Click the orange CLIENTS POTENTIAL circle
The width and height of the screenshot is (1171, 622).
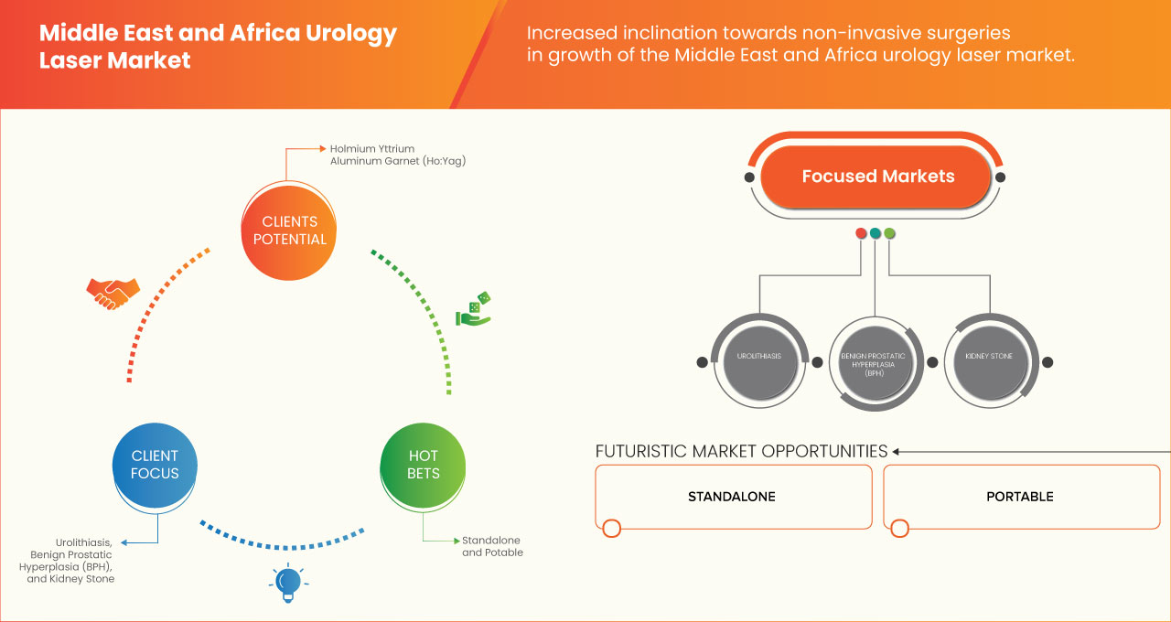click(x=288, y=230)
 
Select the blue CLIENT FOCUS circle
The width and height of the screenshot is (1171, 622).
click(x=155, y=464)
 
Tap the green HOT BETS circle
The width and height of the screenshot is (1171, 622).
click(x=423, y=464)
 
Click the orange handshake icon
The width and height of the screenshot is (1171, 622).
click(x=113, y=292)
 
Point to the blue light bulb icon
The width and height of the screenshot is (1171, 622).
click(x=288, y=582)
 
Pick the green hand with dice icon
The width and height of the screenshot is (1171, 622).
click(x=474, y=309)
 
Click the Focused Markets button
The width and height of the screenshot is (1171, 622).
click(x=876, y=177)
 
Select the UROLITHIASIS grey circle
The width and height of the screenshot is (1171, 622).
click(x=758, y=357)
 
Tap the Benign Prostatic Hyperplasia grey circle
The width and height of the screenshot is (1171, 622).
click(x=876, y=361)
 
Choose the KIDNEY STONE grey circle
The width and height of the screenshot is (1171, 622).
click(x=989, y=357)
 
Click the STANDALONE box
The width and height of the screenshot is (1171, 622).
click(x=732, y=497)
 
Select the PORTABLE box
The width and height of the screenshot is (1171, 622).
click(x=1020, y=497)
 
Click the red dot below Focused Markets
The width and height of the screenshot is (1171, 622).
click(x=861, y=233)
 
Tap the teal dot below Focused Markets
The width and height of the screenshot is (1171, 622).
click(x=876, y=233)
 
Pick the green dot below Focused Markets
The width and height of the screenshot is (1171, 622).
click(x=889, y=233)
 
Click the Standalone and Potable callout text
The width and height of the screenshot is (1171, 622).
click(x=492, y=546)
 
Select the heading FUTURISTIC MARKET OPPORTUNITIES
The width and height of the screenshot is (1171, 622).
click(x=741, y=451)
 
